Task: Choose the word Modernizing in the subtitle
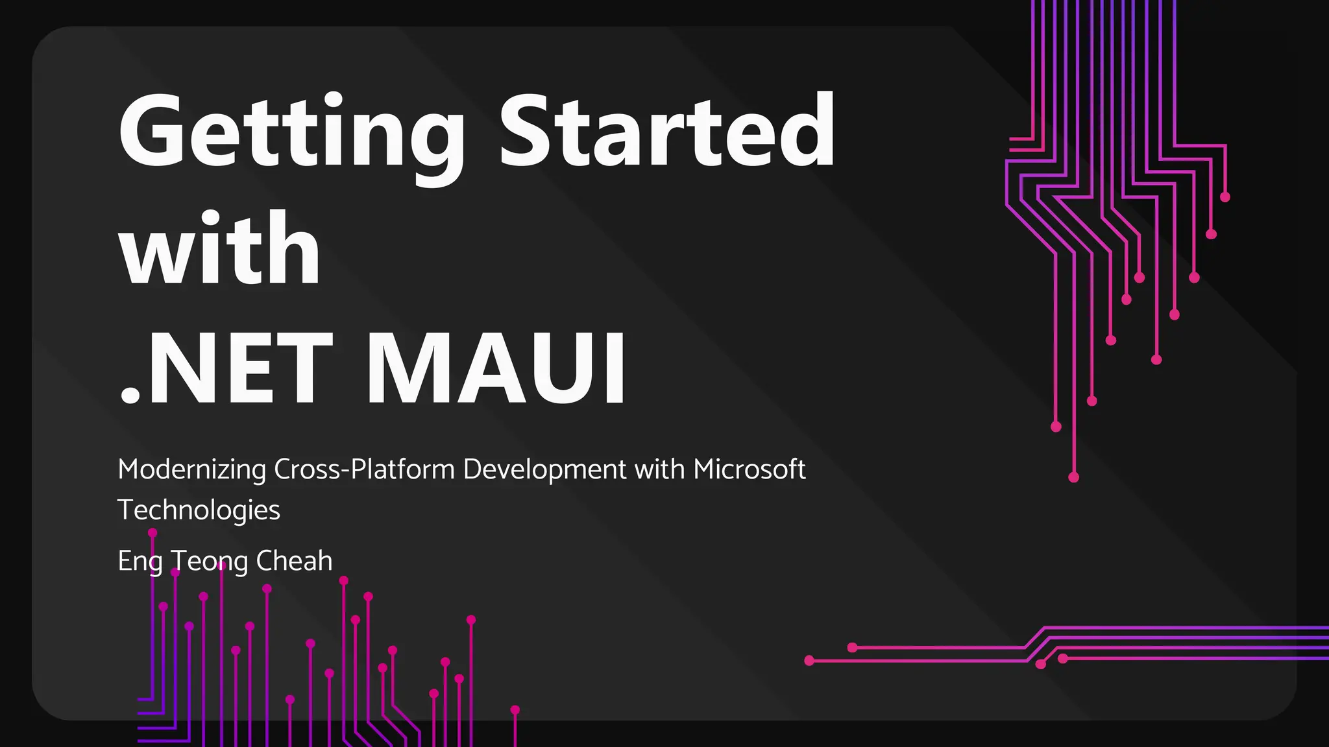coord(191,469)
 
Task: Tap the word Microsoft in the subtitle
coord(749,469)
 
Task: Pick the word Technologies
coord(199,510)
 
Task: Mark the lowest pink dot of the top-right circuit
coord(1073,477)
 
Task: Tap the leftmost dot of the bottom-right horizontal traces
coord(809,661)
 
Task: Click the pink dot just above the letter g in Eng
coord(152,533)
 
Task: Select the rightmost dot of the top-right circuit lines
coord(1225,197)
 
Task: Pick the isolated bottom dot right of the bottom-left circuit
coord(515,710)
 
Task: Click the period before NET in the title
coord(130,395)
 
